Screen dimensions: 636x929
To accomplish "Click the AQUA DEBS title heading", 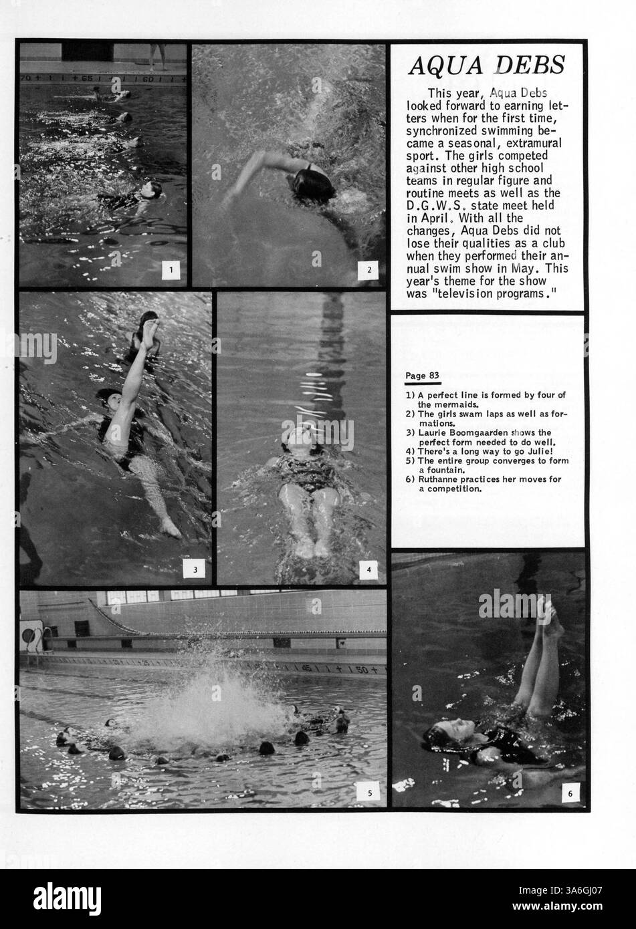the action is point(487,65).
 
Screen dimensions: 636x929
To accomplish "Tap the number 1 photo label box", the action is point(171,270).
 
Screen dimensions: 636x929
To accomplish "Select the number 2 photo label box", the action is point(368,270).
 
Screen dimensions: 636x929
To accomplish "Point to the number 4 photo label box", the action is point(368,569).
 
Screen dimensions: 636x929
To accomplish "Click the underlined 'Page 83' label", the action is point(422,376).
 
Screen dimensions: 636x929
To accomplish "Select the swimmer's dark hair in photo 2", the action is point(314,186).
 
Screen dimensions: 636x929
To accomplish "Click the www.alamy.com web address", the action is point(557,906).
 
